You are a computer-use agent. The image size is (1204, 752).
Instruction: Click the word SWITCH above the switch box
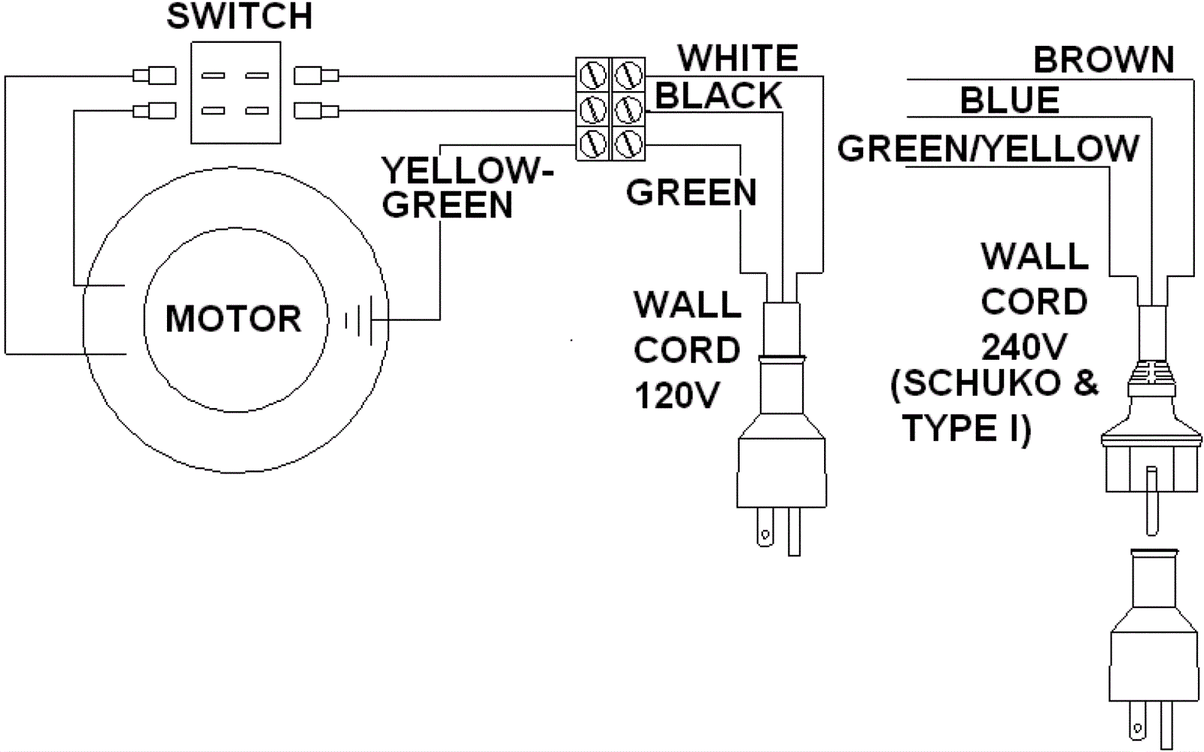(x=239, y=17)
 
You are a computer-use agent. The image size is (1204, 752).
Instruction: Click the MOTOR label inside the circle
(x=233, y=318)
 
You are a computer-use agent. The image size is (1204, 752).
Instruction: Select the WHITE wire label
(x=737, y=58)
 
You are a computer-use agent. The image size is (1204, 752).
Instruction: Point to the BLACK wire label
(x=719, y=96)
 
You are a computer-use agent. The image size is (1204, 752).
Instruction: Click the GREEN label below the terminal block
(x=691, y=193)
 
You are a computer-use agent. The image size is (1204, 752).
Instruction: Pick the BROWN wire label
(x=1103, y=60)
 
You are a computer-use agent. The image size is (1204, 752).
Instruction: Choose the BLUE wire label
(x=1010, y=100)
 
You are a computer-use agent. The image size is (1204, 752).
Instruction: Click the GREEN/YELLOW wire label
(x=988, y=148)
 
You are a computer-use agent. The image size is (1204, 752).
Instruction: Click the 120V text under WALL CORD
(x=676, y=395)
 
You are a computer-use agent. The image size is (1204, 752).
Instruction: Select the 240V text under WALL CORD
(x=1023, y=347)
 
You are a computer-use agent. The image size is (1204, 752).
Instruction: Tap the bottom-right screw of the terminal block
(x=627, y=143)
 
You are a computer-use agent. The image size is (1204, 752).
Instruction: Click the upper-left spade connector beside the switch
(x=154, y=75)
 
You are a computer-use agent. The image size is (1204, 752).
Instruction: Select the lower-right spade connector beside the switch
(x=316, y=111)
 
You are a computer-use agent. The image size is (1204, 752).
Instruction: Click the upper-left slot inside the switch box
(x=214, y=76)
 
